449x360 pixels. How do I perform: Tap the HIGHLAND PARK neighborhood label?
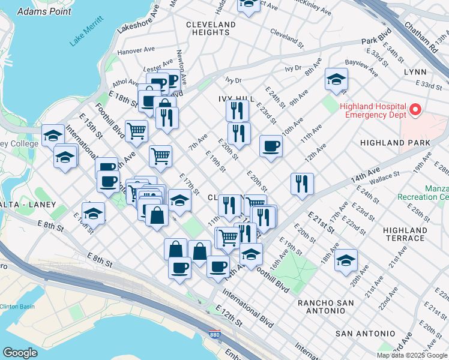tap(395, 143)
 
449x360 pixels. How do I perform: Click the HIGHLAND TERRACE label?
tap(405, 234)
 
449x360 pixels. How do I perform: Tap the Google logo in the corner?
tap(20, 353)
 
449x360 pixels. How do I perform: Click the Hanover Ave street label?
tap(136, 51)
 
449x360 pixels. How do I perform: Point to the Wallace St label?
tap(384, 176)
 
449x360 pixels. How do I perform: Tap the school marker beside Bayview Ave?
tap(336, 79)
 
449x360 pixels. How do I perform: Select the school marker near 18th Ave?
tap(346, 260)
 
